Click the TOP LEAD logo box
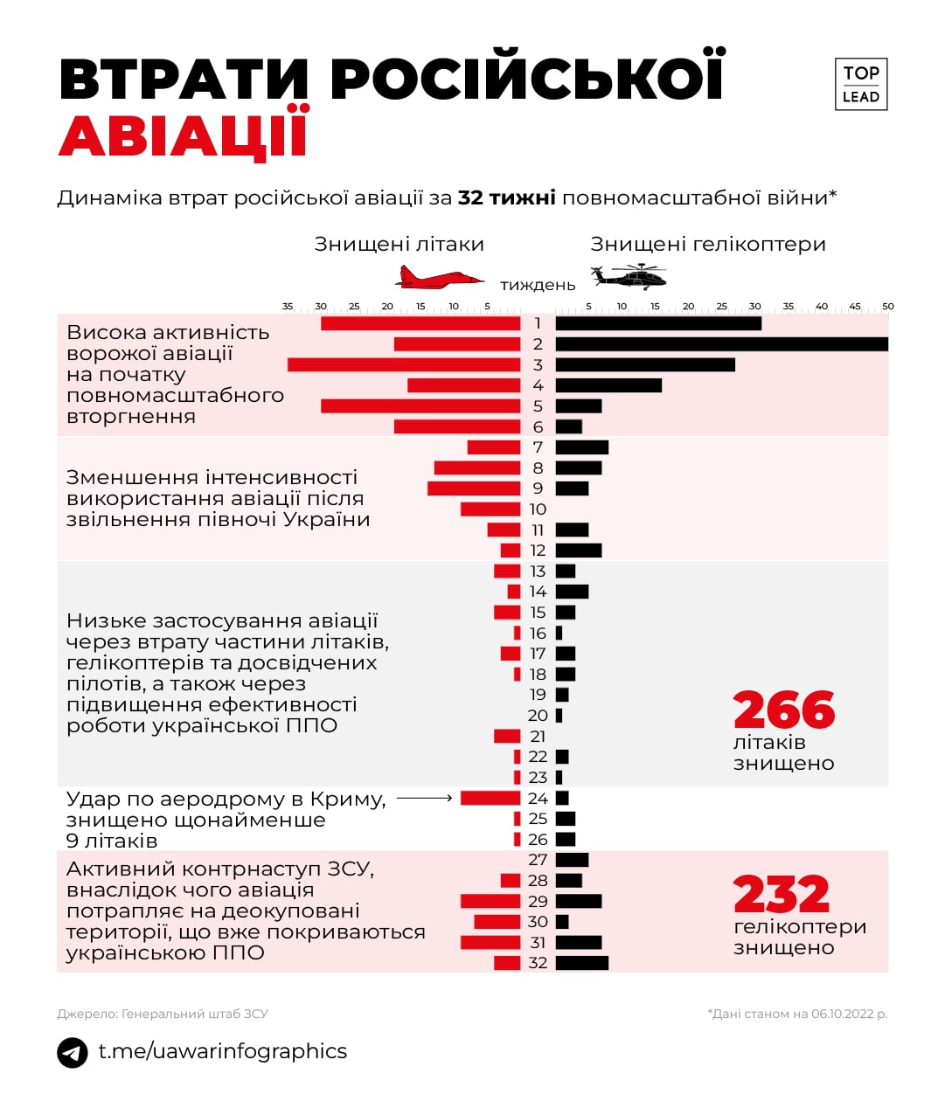click(x=860, y=85)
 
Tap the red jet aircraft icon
click(x=439, y=279)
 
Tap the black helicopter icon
click(x=629, y=276)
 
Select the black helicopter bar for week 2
click(x=721, y=344)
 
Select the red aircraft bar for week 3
click(x=404, y=365)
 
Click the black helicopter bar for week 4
click(x=608, y=385)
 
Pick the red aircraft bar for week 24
click(x=490, y=798)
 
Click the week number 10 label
click(x=538, y=509)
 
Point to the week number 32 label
click(x=538, y=963)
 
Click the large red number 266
click(x=784, y=710)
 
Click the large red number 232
click(x=781, y=895)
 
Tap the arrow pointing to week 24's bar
click(x=425, y=798)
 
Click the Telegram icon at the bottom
click(x=73, y=1052)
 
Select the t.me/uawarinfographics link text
click(x=222, y=1051)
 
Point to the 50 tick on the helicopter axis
click(x=887, y=307)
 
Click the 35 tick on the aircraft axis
click(x=288, y=307)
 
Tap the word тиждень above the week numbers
click(x=538, y=285)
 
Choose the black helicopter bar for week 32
click(x=582, y=963)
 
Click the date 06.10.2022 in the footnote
click(x=843, y=1014)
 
